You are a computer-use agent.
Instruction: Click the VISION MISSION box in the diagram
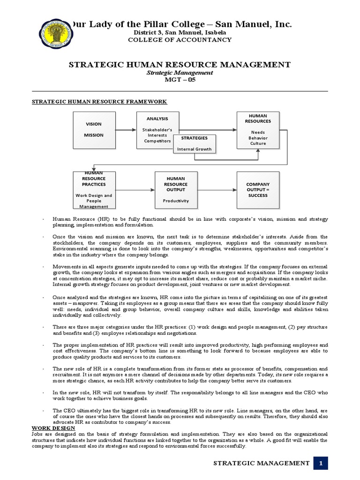(93, 129)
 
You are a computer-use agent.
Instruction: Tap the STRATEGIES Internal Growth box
(194, 144)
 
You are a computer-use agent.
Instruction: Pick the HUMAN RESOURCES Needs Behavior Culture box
(258, 129)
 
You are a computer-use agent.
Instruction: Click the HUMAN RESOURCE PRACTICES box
(94, 190)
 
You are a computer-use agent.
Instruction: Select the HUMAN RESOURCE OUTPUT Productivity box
(174, 190)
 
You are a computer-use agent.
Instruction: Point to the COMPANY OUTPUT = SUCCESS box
(258, 190)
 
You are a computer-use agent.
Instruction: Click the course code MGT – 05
(180, 80)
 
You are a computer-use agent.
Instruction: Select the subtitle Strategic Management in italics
(180, 73)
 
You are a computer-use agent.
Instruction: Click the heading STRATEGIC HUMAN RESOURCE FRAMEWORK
(99, 102)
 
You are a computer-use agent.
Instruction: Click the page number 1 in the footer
(321, 463)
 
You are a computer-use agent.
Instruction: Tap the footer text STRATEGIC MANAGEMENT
(261, 463)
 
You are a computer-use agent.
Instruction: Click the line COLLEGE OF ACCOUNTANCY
(180, 40)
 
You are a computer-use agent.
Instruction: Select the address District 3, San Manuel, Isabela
(180, 32)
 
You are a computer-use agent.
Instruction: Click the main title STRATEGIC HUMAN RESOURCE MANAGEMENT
(180, 64)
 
